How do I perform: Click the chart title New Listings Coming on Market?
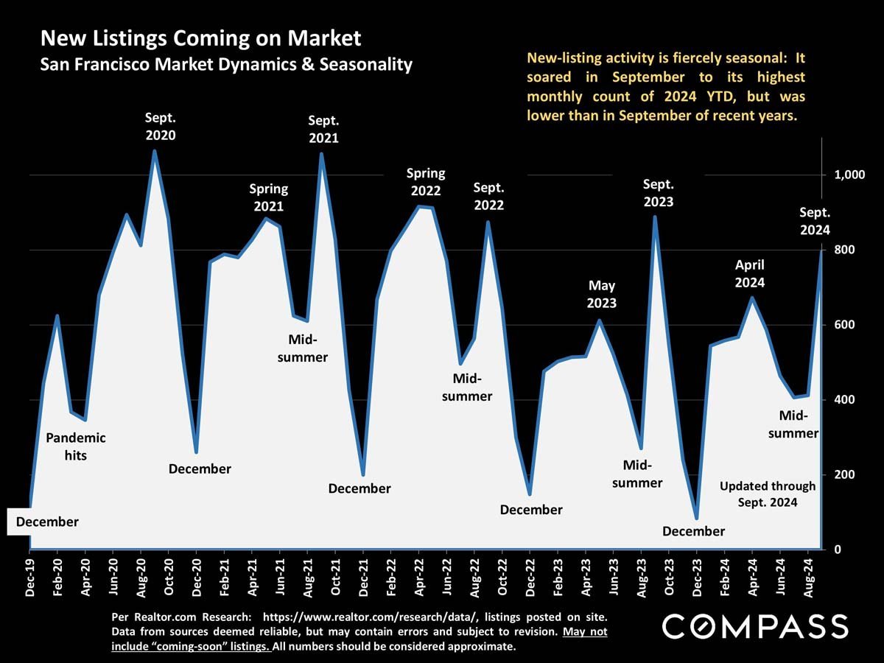point(200,38)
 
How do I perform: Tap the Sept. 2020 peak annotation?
point(161,126)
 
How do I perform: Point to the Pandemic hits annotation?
point(76,446)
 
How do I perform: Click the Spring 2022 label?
point(426,182)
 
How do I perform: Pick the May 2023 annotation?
point(602,294)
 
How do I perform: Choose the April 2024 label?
point(750,273)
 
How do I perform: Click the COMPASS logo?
point(755,626)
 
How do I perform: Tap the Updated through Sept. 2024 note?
point(768,494)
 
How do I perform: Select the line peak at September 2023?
point(654,217)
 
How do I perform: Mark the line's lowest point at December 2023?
point(696,518)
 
